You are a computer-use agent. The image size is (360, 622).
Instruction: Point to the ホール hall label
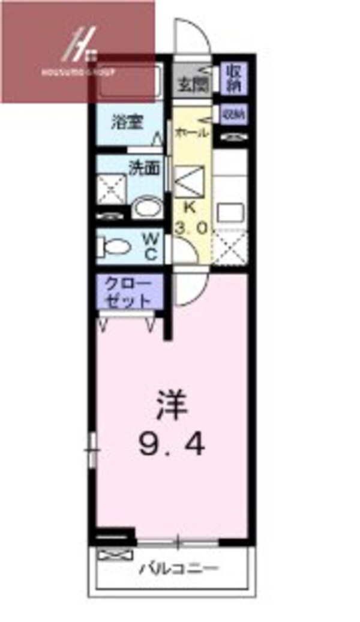[191, 133]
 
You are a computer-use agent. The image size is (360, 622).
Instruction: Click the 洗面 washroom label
[145, 168]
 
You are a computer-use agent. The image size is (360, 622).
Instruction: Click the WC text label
[150, 247]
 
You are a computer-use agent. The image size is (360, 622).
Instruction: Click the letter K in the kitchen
[190, 209]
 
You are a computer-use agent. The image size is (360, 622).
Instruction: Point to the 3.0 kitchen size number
[191, 228]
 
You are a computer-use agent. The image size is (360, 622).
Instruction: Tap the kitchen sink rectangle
[229, 212]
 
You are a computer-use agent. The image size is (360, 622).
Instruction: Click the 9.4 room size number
[173, 444]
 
